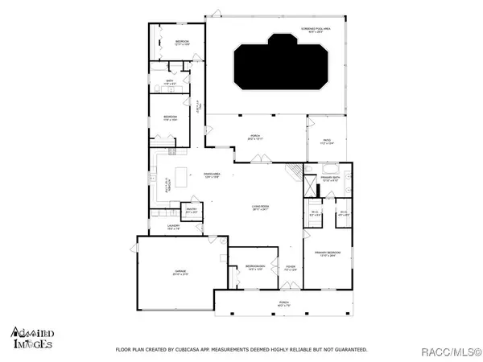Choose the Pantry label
coord(192,211)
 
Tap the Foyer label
coord(291,268)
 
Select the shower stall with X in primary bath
coord(308,186)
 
